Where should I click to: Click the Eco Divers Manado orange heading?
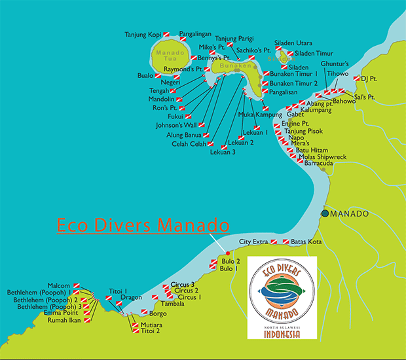click(143, 225)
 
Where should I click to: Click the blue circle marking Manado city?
click(325, 214)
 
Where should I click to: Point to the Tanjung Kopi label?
click(142, 34)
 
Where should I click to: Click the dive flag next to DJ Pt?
click(357, 79)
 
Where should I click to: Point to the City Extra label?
click(254, 242)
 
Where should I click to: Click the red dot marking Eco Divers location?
click(227, 253)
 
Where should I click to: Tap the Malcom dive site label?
click(59, 286)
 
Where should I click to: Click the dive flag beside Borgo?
click(144, 313)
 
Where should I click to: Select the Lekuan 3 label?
click(223, 153)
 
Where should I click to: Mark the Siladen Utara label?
click(293, 41)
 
